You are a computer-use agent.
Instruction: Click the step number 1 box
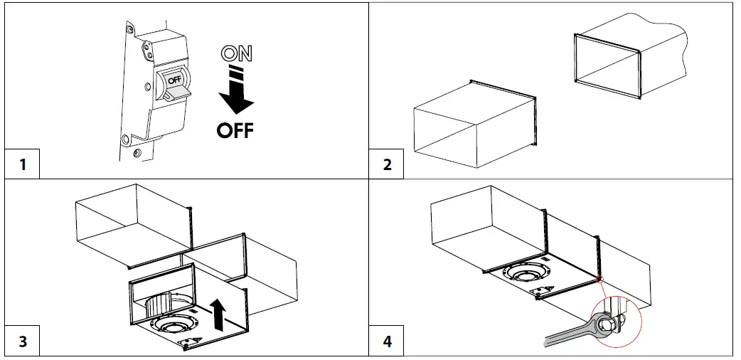pos(23,164)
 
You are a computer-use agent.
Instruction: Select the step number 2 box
pos(387,164)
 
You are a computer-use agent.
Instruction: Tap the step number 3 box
pos(23,342)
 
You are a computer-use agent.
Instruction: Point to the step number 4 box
pos(387,342)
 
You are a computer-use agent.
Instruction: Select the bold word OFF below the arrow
pos(234,131)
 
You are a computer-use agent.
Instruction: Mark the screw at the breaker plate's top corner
pos(129,30)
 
